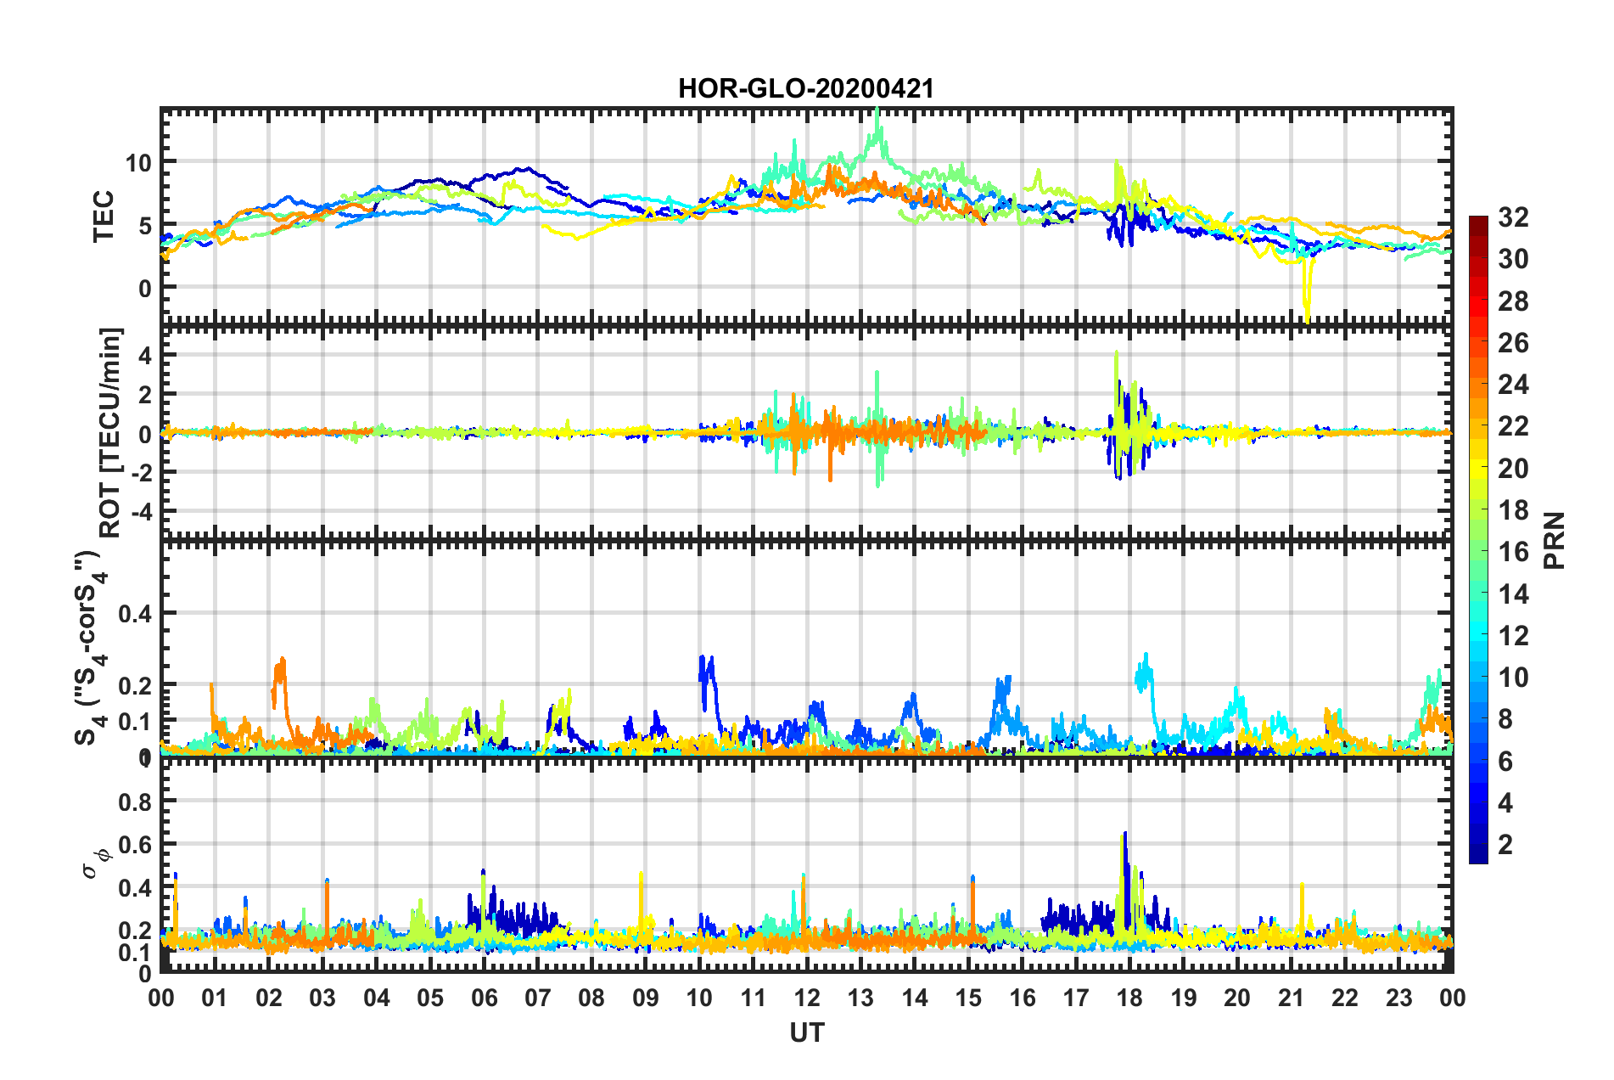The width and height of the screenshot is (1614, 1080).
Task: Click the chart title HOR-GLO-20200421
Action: click(805, 88)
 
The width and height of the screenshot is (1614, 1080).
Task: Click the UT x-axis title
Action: click(806, 1032)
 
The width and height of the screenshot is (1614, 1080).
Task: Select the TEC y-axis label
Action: click(104, 217)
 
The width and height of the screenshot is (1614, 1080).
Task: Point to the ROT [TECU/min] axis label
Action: click(110, 432)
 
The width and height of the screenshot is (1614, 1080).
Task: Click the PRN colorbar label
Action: click(1555, 540)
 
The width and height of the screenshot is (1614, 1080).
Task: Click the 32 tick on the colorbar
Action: click(1513, 217)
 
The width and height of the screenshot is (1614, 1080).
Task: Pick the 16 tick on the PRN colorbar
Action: click(1513, 552)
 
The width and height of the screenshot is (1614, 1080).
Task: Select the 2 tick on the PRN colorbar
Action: click(1506, 844)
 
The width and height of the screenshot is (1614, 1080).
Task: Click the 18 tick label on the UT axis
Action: click(1129, 998)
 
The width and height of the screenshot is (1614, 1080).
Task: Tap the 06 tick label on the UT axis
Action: click(484, 998)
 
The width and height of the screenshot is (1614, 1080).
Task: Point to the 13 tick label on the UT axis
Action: click(860, 998)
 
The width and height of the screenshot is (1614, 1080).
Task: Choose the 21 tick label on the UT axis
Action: click(1291, 998)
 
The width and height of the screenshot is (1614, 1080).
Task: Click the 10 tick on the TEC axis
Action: click(139, 162)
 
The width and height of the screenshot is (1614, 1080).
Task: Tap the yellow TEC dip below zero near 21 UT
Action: click(1307, 314)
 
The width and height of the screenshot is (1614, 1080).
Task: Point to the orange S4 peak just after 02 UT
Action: click(281, 661)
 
